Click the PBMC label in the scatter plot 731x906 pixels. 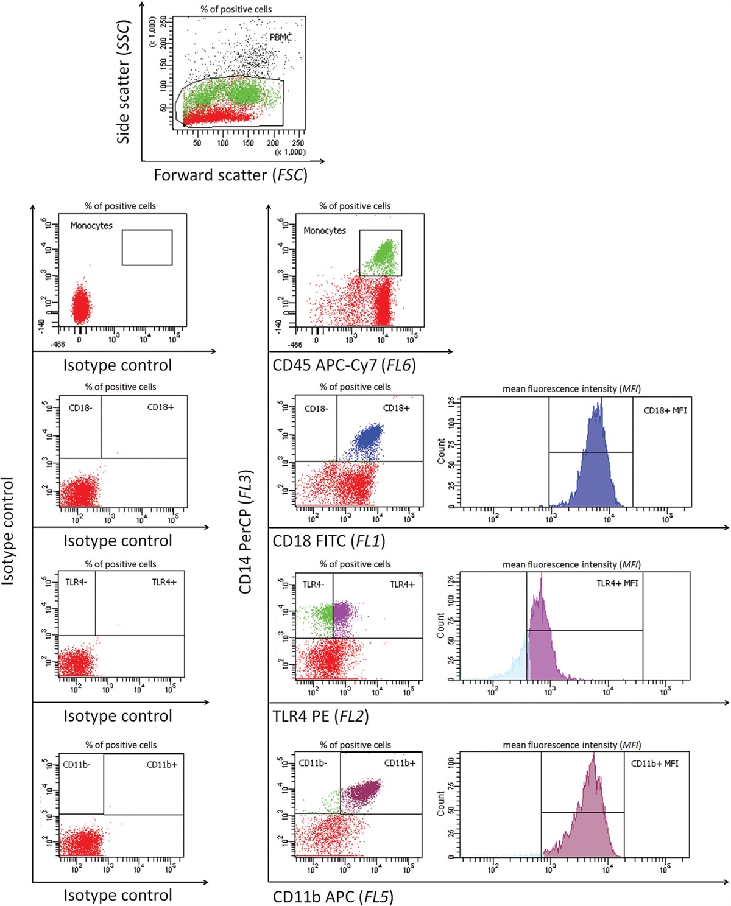pos(281,38)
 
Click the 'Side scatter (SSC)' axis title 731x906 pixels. pos(124,82)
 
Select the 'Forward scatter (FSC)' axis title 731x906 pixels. pos(230,175)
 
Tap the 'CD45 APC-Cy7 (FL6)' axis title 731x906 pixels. pos(344,365)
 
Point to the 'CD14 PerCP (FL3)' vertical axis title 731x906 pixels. pos(245,532)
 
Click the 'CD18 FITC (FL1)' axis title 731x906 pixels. pos(329,541)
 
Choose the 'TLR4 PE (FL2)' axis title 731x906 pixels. pos(320,716)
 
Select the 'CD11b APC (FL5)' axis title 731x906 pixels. pos(333,896)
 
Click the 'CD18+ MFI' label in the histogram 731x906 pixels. pos(665,410)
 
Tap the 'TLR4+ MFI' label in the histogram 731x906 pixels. pos(617,583)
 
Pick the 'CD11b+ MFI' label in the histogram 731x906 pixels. pos(654,764)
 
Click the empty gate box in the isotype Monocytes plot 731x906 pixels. pos(147,247)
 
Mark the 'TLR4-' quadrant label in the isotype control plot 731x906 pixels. pos(76,582)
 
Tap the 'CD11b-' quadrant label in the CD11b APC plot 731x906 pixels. pos(313,764)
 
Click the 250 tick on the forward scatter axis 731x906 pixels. pos(298,143)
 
